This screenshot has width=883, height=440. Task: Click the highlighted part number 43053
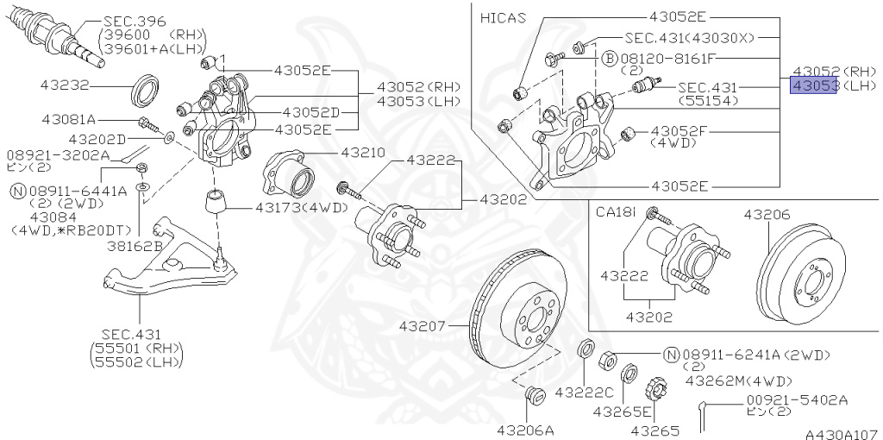814,86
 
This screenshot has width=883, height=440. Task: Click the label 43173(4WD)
301,207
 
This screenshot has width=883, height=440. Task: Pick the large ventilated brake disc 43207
517,306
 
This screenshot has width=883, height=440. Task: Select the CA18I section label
617,211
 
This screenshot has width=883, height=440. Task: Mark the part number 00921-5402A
797,399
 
